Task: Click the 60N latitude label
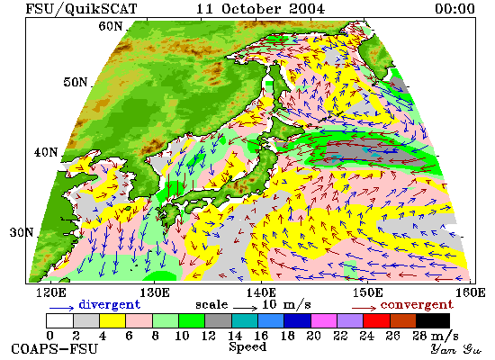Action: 110,26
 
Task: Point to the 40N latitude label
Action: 46,152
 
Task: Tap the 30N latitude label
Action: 22,232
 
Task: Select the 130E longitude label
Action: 155,292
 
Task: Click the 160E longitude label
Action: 471,292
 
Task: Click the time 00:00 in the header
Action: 454,8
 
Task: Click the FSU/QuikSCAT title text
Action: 81,9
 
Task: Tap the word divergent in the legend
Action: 109,304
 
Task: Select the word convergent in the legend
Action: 417,305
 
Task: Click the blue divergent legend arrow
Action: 61,308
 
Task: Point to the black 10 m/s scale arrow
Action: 246,307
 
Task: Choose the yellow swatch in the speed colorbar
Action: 112,320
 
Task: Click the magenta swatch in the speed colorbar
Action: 324,320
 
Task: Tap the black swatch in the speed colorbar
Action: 433,320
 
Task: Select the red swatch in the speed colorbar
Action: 376,320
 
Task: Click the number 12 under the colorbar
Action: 209,336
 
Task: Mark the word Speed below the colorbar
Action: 247,347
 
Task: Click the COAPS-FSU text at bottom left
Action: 55,349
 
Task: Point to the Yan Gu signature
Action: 455,349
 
